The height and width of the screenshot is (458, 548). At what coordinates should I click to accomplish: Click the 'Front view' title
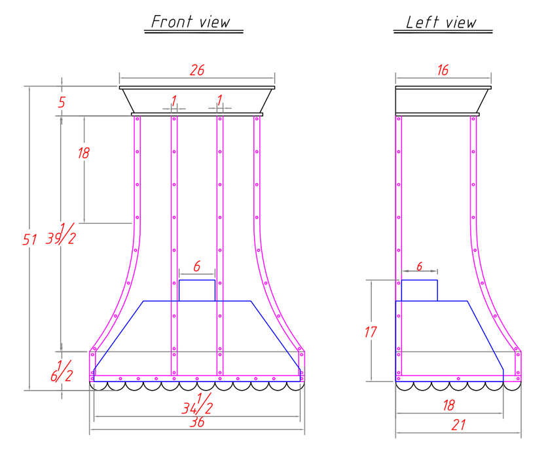tap(191, 22)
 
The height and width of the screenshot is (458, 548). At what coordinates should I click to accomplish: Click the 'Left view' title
tap(441, 22)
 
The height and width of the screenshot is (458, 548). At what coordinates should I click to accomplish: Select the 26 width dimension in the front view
tap(197, 70)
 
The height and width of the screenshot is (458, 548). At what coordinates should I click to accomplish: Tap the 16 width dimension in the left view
tap(443, 70)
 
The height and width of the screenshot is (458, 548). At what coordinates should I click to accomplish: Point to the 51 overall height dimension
tap(29, 239)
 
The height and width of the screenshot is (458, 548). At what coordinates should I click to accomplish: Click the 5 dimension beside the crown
tap(62, 102)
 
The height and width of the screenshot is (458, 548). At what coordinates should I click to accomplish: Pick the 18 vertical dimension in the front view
tap(84, 153)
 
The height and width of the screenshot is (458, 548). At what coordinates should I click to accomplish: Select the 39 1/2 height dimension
tap(60, 234)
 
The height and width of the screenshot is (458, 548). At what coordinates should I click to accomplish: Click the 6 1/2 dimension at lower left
tap(62, 371)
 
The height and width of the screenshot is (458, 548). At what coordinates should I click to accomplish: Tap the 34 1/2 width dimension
tap(198, 404)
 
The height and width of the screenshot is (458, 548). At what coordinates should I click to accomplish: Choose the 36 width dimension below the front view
tap(197, 422)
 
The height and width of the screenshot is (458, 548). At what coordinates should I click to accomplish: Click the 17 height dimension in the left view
tap(371, 332)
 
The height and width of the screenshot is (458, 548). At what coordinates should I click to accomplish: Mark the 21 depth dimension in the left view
tap(458, 425)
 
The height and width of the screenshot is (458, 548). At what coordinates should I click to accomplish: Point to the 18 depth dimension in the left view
tap(448, 406)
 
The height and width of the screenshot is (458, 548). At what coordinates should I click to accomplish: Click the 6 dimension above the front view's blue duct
tap(197, 266)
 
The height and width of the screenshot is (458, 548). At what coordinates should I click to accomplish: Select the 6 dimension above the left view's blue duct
tap(420, 266)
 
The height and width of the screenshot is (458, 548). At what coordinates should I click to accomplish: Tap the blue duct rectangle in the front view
tap(197, 280)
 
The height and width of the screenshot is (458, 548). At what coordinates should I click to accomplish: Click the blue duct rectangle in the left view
tap(420, 280)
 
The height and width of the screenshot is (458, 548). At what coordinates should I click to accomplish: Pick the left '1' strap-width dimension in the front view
tap(174, 101)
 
